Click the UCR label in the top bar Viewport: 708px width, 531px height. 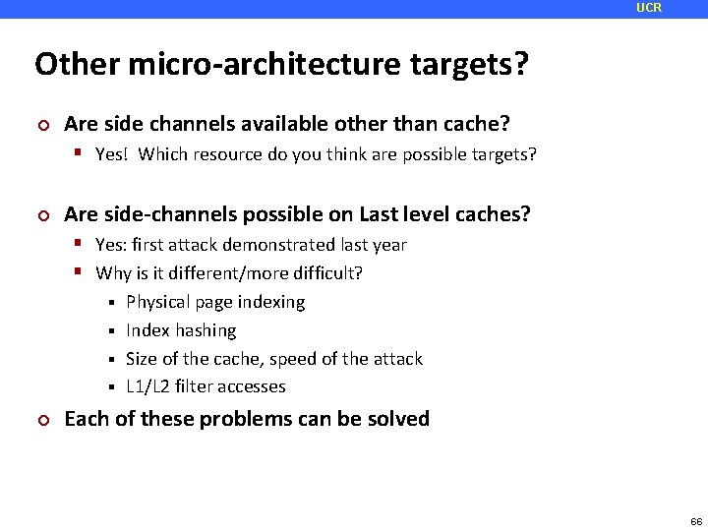pyautogui.click(x=649, y=8)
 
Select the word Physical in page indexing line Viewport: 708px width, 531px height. pyautogui.click(x=159, y=302)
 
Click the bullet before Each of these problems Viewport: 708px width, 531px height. pyautogui.click(x=41, y=420)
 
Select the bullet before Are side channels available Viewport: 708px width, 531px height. pyautogui.click(x=41, y=125)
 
